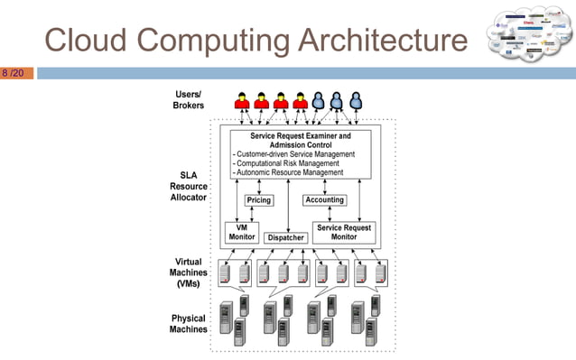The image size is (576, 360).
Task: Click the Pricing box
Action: coord(259,200)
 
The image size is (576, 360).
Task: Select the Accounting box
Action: coord(324,200)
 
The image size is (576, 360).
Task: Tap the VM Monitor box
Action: coord(242,232)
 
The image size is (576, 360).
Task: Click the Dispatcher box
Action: coord(285,237)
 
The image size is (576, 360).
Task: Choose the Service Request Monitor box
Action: coord(344,232)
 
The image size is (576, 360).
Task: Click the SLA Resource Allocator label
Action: coord(189,186)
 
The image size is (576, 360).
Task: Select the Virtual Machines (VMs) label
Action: coord(189,272)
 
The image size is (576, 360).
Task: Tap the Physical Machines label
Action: coord(189,323)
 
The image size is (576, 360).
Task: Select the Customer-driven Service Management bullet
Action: coord(294,153)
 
